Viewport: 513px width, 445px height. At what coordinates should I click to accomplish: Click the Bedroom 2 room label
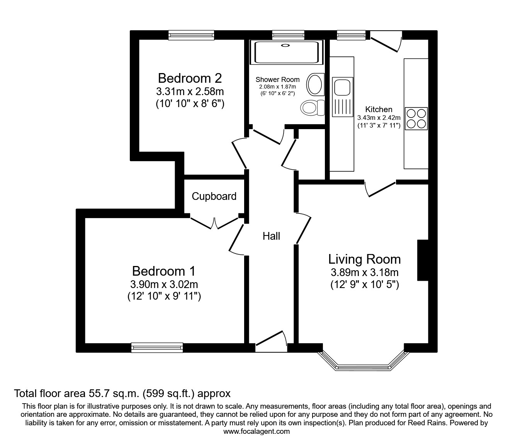pos(190,78)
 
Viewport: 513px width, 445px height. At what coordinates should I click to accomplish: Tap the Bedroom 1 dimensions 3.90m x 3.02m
pos(164,285)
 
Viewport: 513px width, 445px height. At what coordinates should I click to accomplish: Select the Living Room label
pos(364,259)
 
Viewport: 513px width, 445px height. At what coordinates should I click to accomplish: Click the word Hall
pos(271,236)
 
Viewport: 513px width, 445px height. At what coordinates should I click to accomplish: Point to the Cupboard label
pos(214,196)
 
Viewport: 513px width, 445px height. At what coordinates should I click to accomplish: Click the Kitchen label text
pos(379,109)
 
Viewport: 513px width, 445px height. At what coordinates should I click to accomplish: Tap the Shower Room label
pos(277,80)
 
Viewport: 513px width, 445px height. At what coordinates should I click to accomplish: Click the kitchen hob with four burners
pos(416,118)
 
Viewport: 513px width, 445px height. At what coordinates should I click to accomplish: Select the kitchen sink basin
pos(341,86)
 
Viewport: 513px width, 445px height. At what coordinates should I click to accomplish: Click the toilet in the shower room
pos(312,107)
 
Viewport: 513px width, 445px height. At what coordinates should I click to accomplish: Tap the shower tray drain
pos(285,46)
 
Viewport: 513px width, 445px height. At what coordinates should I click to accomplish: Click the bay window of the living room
pos(363,366)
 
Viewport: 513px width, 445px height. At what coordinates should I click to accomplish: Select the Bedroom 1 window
pos(157,348)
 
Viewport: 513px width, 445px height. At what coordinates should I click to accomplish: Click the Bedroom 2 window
pos(191,35)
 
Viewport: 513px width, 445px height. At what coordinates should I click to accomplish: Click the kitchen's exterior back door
pos(385,42)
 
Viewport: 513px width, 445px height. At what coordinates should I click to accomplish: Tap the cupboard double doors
pos(214,223)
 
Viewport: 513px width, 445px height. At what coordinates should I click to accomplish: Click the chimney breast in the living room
pos(423,260)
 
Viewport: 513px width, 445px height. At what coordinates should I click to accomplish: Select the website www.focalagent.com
pos(256,431)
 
